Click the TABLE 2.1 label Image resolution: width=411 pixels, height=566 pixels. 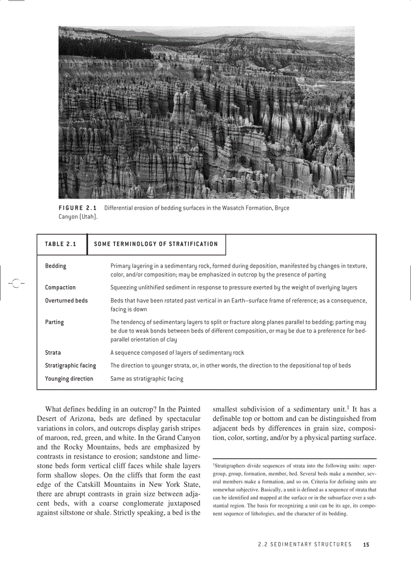(x=60, y=244)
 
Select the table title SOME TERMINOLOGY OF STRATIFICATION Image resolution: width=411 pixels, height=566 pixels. (x=156, y=244)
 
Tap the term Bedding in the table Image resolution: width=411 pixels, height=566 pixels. (x=55, y=266)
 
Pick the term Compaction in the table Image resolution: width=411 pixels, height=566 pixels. (x=60, y=287)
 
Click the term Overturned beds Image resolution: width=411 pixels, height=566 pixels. (x=66, y=300)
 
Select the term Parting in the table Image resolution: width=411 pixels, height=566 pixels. (x=54, y=322)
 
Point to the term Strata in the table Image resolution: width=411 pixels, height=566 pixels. (x=53, y=353)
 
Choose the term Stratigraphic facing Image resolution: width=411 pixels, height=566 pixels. (x=71, y=365)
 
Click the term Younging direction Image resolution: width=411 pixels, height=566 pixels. (x=69, y=379)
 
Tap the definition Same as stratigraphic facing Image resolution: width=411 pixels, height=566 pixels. (x=147, y=379)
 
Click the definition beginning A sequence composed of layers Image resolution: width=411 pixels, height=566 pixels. (x=177, y=353)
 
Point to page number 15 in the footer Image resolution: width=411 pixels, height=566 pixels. (x=366, y=544)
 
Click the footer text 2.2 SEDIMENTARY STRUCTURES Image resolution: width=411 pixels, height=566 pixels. (x=304, y=544)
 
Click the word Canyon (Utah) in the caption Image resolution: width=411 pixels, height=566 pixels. (x=78, y=217)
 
